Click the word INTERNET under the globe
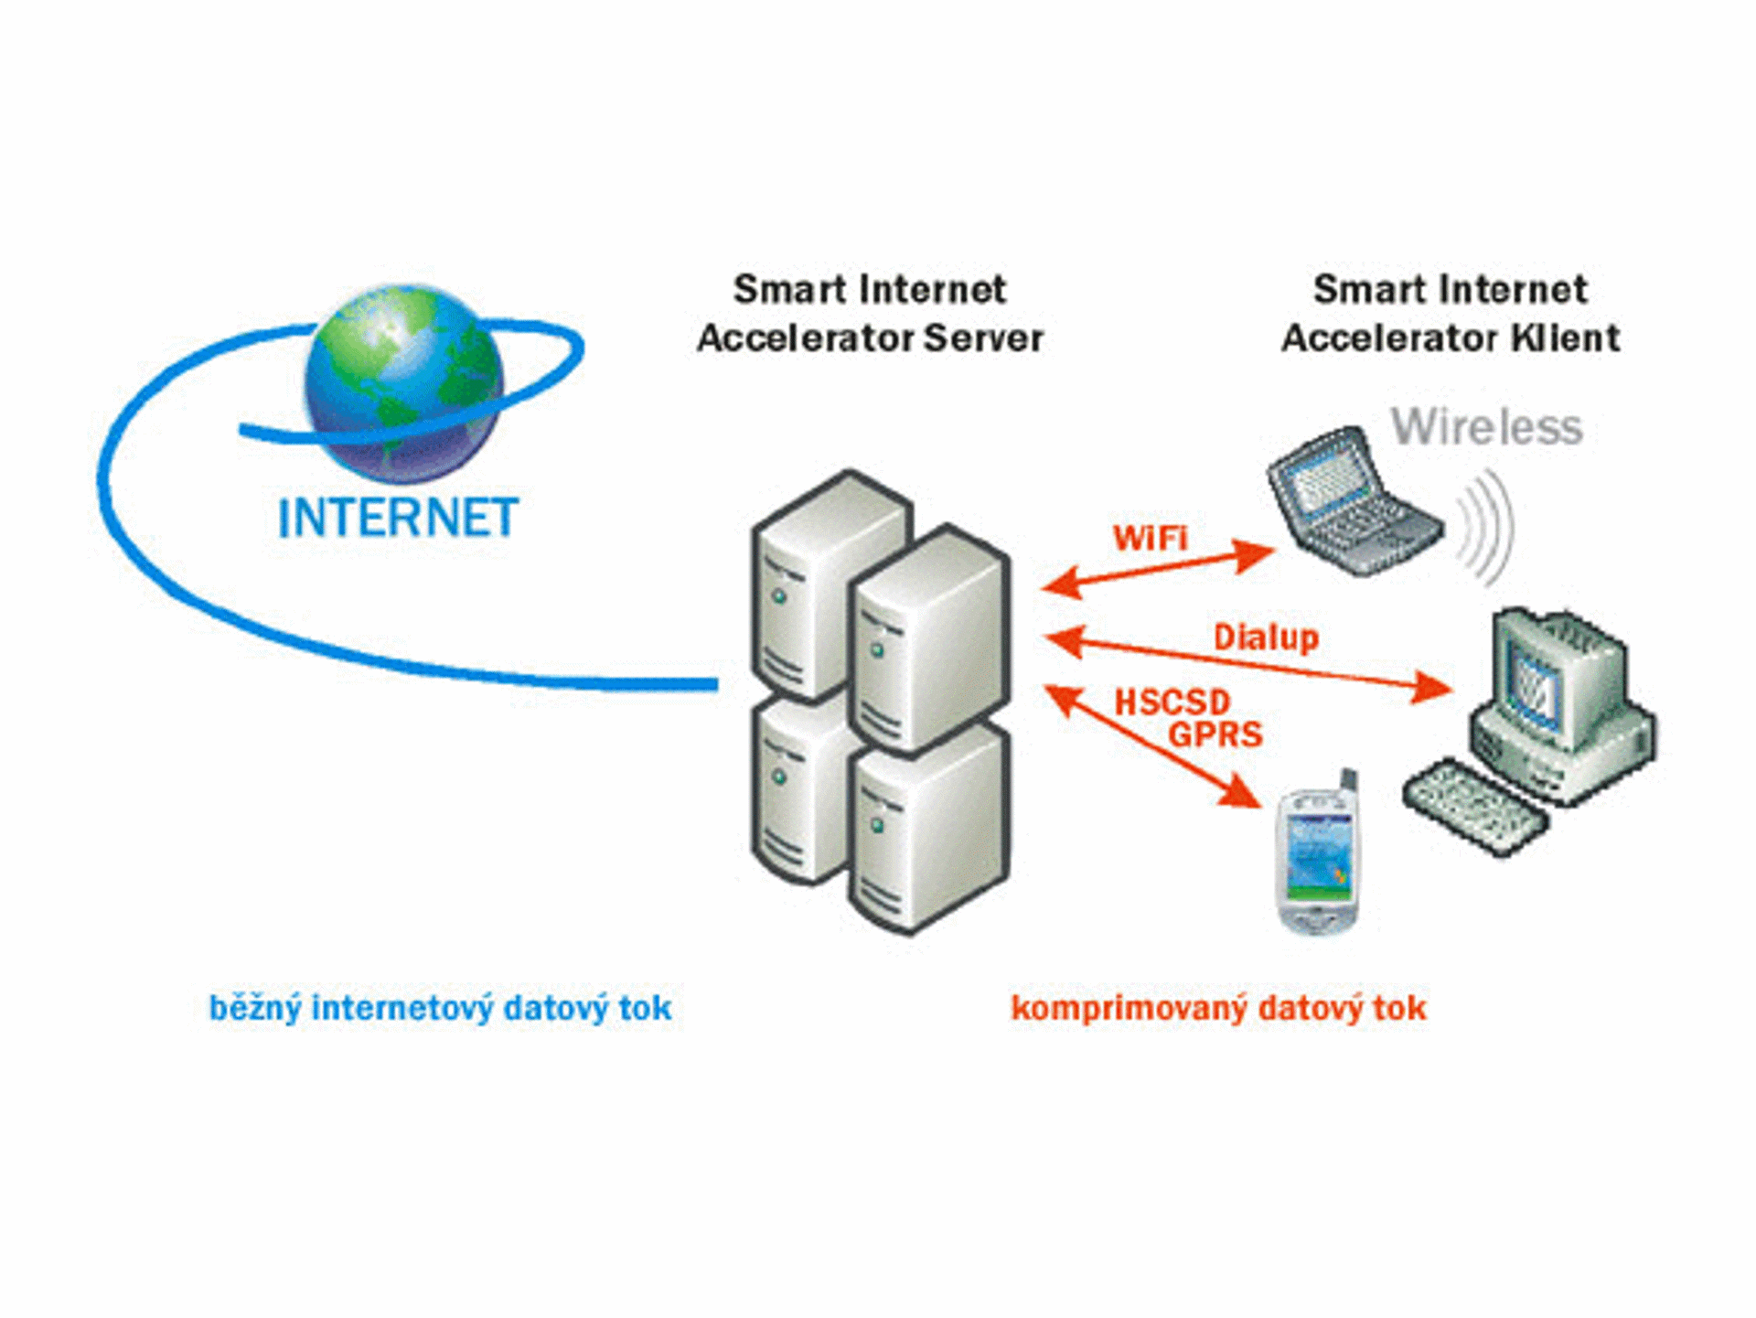[x=399, y=518]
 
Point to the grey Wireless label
[x=1486, y=427]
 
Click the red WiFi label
[x=1150, y=538]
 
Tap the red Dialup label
[x=1266, y=638]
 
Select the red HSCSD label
[x=1172, y=702]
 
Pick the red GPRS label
[x=1215, y=734]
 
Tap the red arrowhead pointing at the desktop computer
[x=1430, y=687]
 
